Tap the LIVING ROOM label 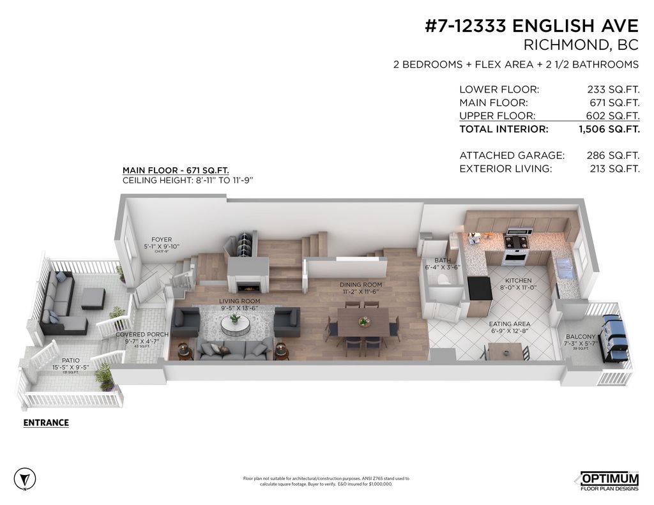click(240, 301)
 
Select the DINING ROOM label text click(360, 285)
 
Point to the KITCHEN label click(518, 280)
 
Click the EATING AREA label click(510, 324)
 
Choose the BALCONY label click(580, 336)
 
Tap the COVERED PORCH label click(142, 335)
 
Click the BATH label click(442, 260)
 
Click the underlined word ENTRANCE click(46, 423)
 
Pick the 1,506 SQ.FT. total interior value click(609, 129)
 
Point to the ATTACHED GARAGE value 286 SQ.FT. click(612, 155)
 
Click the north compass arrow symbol click(24, 478)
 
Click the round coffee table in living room click(236, 324)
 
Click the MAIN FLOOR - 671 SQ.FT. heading click(176, 170)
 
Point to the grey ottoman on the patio click(93, 298)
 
